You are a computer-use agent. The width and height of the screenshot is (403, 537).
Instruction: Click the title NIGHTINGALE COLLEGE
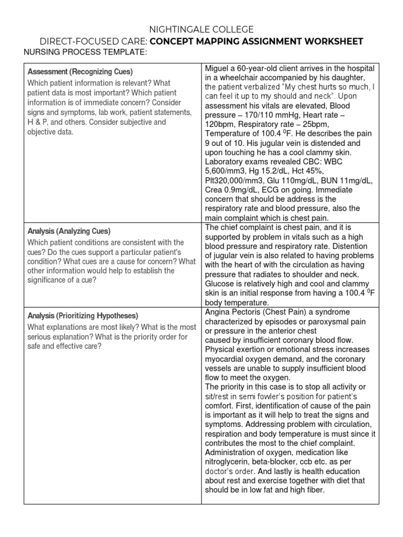[x=201, y=29]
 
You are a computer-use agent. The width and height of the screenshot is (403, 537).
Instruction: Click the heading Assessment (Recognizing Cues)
[x=80, y=71]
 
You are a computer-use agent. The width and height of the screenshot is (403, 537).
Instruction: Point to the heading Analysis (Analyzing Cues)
[x=76, y=231]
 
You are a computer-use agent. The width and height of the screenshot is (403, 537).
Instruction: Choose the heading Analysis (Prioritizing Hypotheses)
[x=83, y=316]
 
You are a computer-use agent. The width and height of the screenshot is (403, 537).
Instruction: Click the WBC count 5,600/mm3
[x=227, y=171]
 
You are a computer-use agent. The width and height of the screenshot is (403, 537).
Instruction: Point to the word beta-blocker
[x=281, y=462]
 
